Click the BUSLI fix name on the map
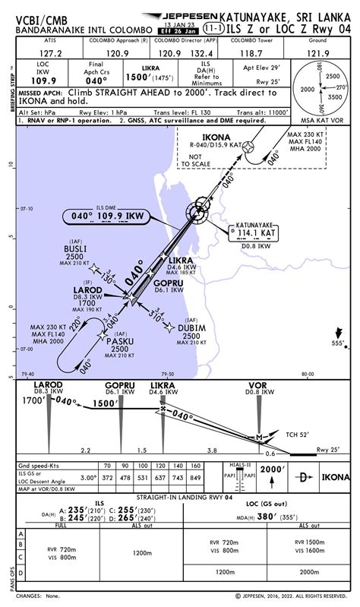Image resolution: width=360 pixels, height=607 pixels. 75,248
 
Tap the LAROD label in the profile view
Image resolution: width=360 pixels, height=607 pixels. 48,385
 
